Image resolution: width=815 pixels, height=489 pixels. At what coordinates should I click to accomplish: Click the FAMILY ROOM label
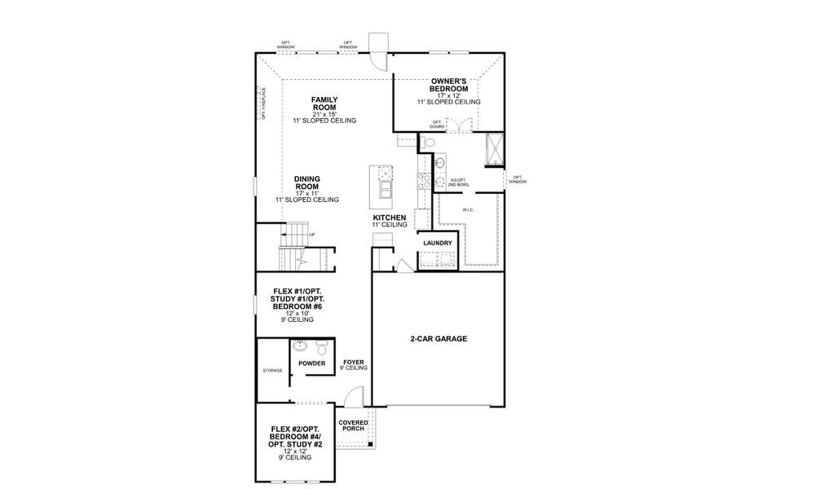tap(324, 104)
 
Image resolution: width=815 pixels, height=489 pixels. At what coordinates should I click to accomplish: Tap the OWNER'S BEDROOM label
tap(448, 85)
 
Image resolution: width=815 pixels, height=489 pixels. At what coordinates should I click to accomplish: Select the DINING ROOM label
tap(306, 182)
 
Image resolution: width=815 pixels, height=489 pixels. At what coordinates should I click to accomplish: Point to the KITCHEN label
tap(389, 218)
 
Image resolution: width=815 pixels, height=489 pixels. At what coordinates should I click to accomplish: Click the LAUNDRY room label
tap(438, 243)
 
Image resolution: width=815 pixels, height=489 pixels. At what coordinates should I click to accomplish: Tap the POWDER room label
tap(311, 363)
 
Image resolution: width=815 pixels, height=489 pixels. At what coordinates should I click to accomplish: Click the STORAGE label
tap(272, 371)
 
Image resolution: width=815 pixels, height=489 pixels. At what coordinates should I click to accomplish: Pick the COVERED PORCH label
tap(353, 425)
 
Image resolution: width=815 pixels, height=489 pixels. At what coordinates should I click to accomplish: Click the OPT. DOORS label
tap(438, 125)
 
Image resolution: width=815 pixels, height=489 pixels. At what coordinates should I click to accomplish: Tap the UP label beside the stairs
tap(312, 234)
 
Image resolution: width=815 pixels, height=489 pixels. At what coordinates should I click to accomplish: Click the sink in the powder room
tap(299, 346)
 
